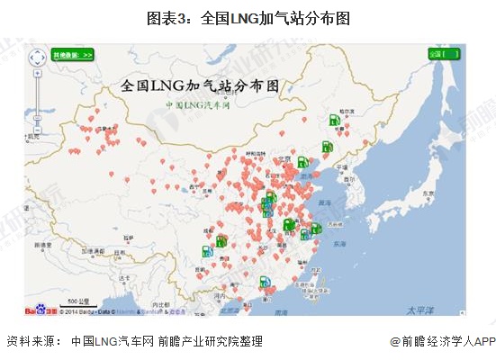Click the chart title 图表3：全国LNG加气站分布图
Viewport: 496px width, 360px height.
[x=248, y=18]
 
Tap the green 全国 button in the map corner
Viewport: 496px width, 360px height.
[x=444, y=54]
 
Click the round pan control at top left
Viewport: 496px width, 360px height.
[x=38, y=58]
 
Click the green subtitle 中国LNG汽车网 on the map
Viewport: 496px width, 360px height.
[x=198, y=105]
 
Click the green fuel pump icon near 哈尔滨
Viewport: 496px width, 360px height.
[x=334, y=120]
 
